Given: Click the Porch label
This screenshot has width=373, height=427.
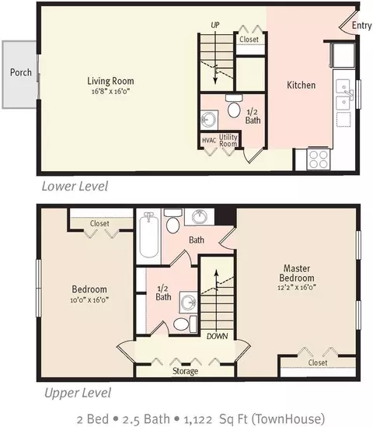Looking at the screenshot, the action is click(x=21, y=72).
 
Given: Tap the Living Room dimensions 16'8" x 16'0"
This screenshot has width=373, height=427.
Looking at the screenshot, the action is click(x=110, y=91).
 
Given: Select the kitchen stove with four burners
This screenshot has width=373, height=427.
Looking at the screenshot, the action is click(x=319, y=159).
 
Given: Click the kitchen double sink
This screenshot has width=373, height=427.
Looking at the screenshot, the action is click(x=343, y=94).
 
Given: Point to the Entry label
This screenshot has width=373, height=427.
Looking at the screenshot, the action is click(x=361, y=26).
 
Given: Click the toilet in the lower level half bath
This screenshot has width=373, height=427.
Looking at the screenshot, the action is click(x=234, y=107).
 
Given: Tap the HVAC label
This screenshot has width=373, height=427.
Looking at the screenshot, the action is click(x=209, y=140).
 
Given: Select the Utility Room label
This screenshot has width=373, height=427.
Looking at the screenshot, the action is click(x=228, y=141).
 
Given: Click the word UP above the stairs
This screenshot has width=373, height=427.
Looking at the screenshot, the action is click(x=215, y=26).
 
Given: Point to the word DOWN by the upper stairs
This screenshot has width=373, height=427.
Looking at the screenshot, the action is click(x=217, y=336).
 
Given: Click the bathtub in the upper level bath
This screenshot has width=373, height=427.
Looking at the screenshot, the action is click(x=149, y=235).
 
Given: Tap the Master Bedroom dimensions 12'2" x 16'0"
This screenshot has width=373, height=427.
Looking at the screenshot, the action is click(x=297, y=288).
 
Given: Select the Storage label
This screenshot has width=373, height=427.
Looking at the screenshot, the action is click(x=185, y=371).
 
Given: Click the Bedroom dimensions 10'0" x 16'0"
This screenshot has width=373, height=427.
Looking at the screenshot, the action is click(x=89, y=300).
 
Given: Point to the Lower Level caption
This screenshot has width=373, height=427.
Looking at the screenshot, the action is click(x=75, y=186).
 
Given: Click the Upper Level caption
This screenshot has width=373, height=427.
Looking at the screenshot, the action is click(x=78, y=393).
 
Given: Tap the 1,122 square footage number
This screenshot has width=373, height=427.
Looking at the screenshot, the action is click(x=198, y=419).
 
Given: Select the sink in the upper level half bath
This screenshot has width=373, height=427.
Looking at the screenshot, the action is click(x=188, y=302).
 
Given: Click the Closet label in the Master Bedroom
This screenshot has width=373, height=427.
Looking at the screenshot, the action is click(x=318, y=362).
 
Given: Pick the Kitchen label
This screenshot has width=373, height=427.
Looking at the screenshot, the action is click(x=302, y=86).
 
